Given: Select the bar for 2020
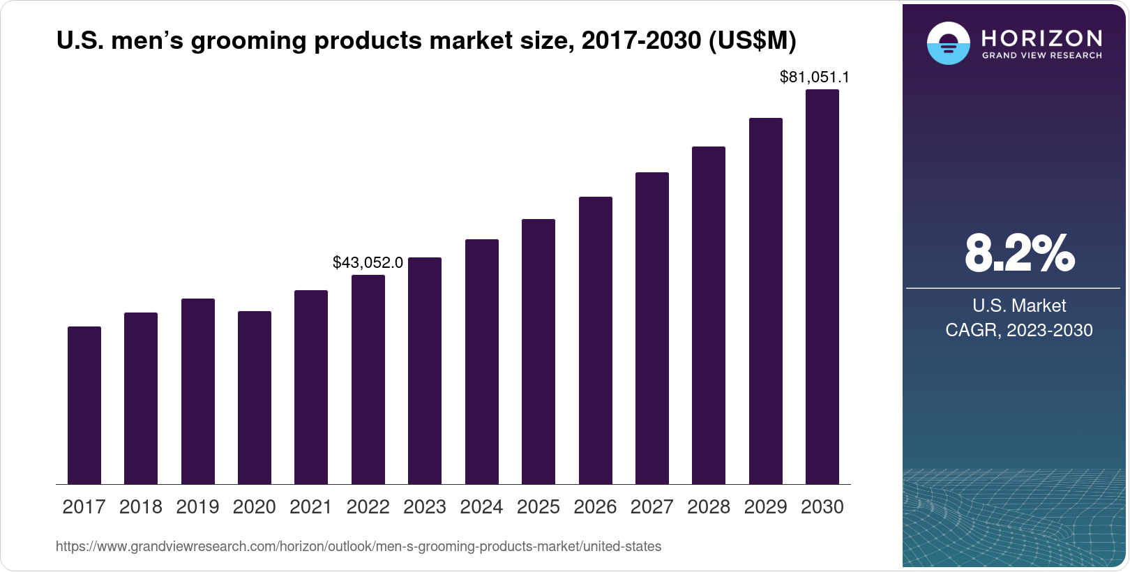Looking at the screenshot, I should [x=255, y=398].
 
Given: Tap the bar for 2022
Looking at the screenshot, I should [x=368, y=379].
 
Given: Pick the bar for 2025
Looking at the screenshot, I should [x=538, y=352].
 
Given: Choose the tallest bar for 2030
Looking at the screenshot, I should [x=822, y=287].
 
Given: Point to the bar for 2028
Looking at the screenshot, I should [x=709, y=315].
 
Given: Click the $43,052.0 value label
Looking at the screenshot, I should [x=368, y=263].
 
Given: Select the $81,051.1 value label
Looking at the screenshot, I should [x=814, y=77].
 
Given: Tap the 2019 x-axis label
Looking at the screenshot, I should [x=197, y=507].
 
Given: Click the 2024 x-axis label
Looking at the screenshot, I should [x=481, y=507].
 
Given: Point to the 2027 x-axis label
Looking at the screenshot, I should [x=651, y=507].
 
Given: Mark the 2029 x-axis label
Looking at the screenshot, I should [x=765, y=507].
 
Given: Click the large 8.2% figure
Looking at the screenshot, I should [x=1019, y=254].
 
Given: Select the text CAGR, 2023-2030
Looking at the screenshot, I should [x=1018, y=330].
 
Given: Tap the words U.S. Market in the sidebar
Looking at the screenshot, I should [x=1019, y=306].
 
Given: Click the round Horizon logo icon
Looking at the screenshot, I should [x=948, y=43].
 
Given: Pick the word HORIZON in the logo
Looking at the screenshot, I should [x=1041, y=38].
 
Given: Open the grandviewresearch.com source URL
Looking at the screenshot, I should [x=359, y=547].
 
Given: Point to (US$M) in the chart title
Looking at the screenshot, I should [x=752, y=41].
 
